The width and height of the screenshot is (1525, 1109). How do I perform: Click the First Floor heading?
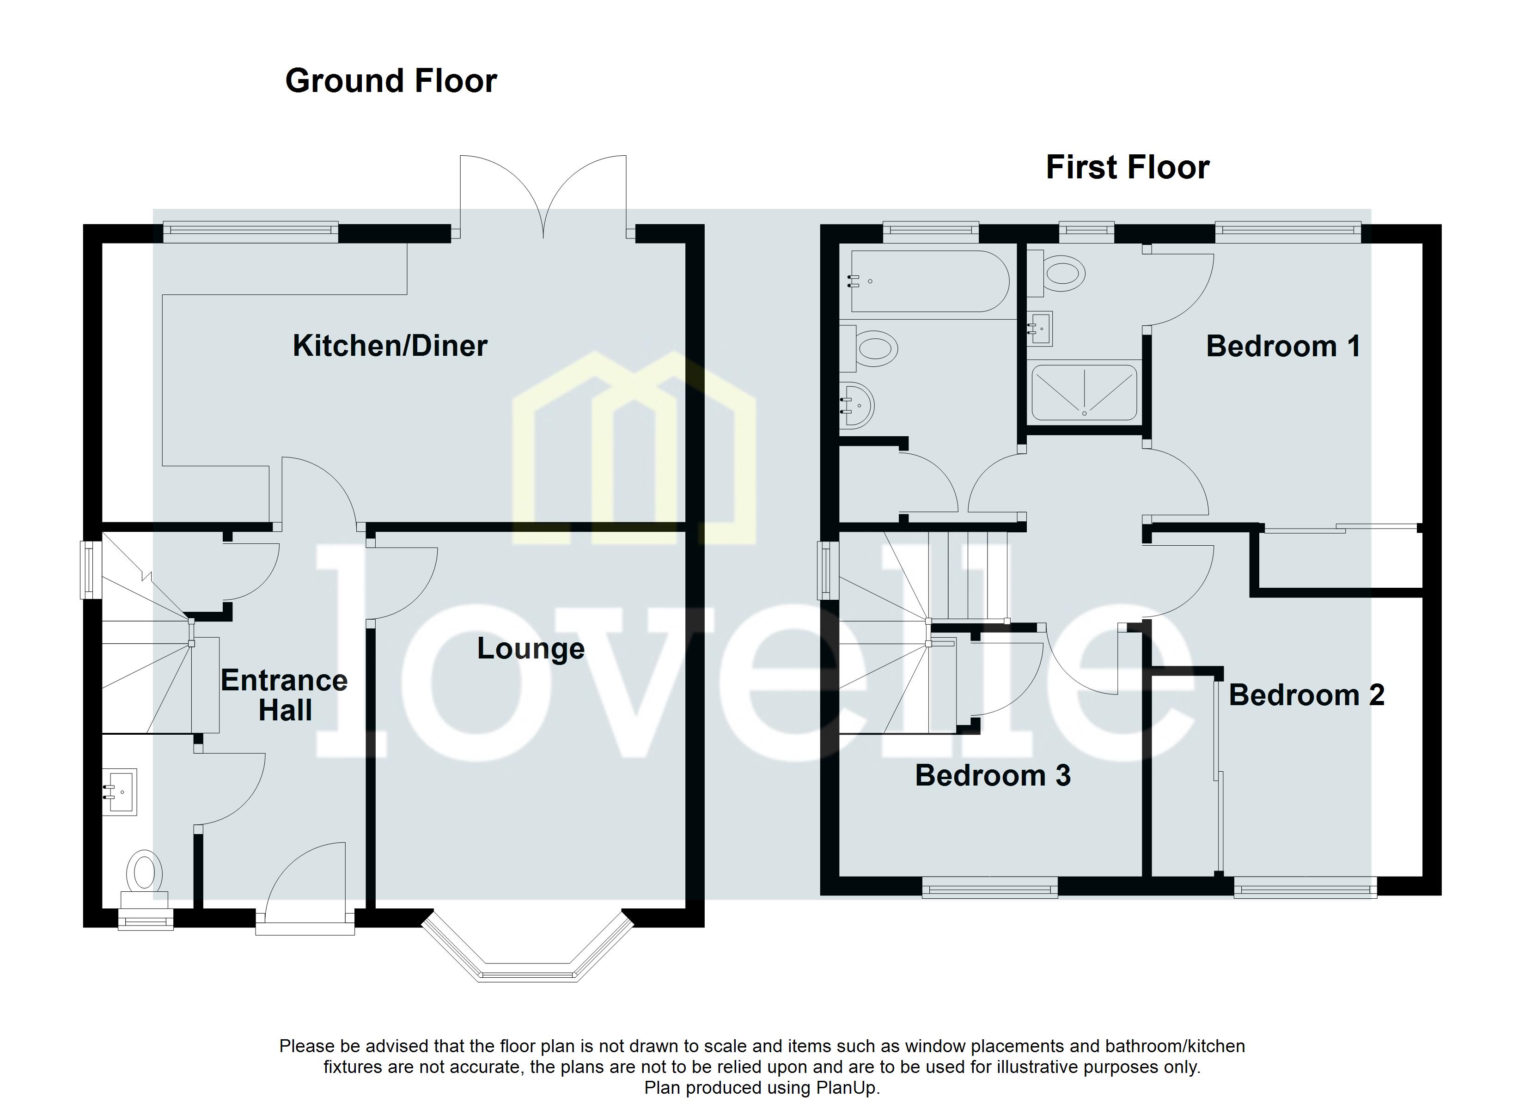(x=1127, y=167)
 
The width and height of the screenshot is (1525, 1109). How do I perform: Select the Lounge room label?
(x=531, y=649)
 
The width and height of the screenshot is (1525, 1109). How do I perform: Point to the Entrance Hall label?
(x=284, y=695)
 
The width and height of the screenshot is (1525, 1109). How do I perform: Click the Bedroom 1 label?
(x=1283, y=347)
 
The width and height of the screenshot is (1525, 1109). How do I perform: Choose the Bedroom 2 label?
(x=1306, y=695)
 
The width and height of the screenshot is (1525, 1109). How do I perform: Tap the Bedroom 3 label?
(x=993, y=775)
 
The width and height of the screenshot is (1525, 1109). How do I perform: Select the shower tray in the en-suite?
(x=1084, y=393)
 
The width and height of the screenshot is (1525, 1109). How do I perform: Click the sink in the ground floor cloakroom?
(x=120, y=792)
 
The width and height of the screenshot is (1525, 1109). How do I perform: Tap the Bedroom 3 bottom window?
(x=989, y=890)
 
